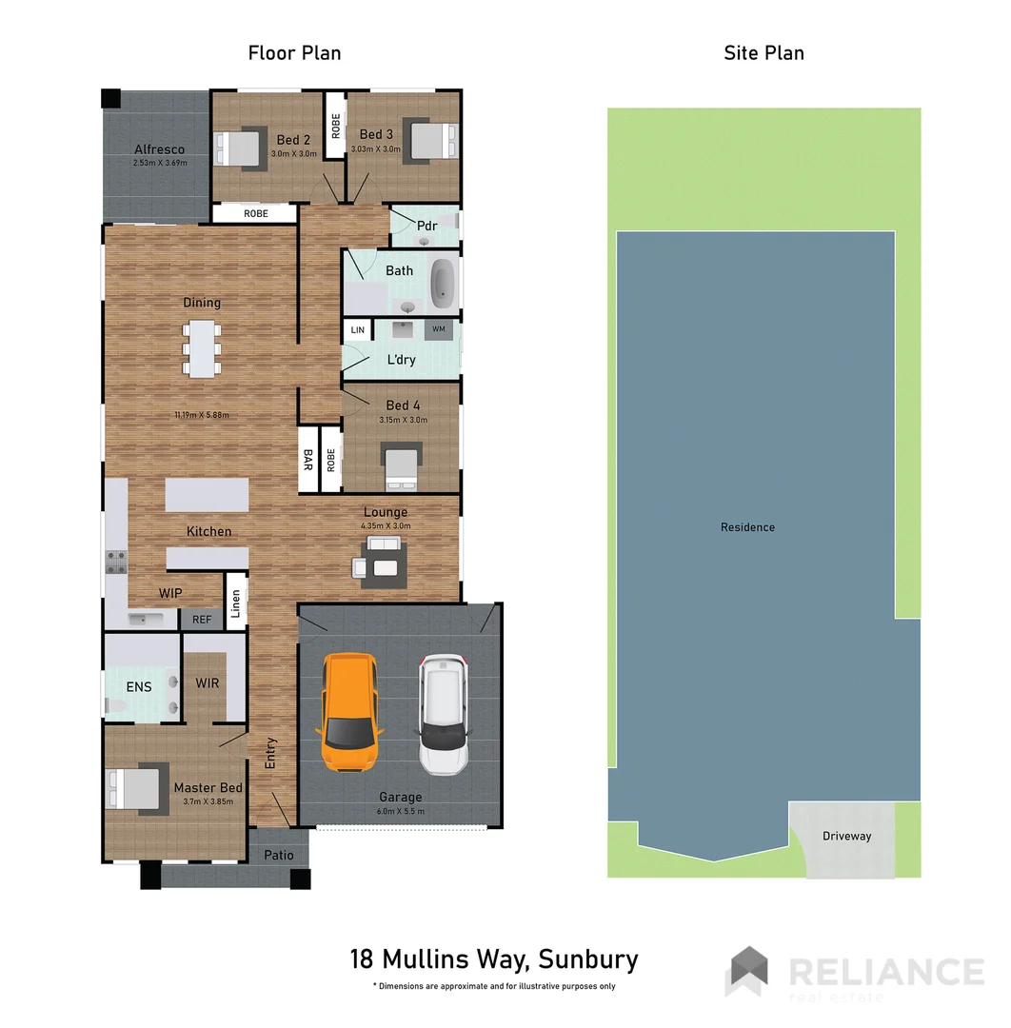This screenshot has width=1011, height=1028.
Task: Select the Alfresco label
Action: (159, 149)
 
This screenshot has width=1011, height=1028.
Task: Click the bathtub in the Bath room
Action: (443, 284)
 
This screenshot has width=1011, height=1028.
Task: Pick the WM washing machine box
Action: (439, 329)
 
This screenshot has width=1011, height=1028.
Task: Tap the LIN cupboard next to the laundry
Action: (358, 330)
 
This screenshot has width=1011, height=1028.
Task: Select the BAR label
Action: (309, 461)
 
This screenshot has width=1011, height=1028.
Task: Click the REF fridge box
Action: (202, 620)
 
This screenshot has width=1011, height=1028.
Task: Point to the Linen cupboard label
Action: (236, 603)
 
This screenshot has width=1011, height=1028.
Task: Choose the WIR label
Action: (207, 683)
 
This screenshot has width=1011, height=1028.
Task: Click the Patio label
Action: (279, 855)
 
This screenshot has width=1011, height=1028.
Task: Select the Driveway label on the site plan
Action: (846, 836)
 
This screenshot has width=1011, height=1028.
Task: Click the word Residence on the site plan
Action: (747, 527)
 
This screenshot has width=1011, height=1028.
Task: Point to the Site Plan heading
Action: (763, 52)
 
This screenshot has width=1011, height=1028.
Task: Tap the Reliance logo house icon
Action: (747, 970)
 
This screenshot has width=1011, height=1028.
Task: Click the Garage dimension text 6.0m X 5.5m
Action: (400, 811)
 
